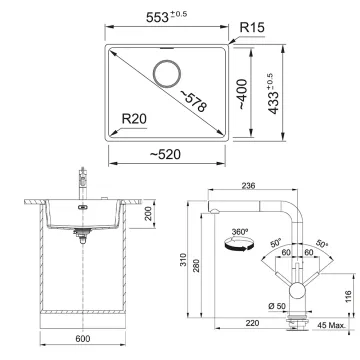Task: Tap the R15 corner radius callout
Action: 252,28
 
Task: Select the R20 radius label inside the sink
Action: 134,119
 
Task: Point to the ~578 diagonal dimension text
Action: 194,100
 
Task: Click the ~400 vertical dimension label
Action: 242,95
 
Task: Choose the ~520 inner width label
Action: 165,154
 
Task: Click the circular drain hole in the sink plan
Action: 167,74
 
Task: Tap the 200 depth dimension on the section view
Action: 148,214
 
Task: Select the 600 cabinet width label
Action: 83,339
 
